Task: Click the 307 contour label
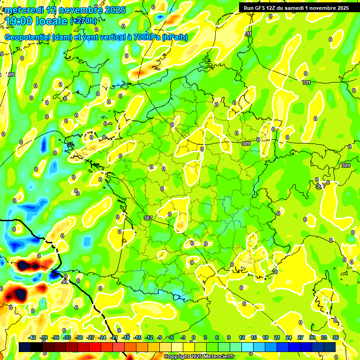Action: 148,218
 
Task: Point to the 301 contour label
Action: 65,282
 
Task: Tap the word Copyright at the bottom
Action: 178,357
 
